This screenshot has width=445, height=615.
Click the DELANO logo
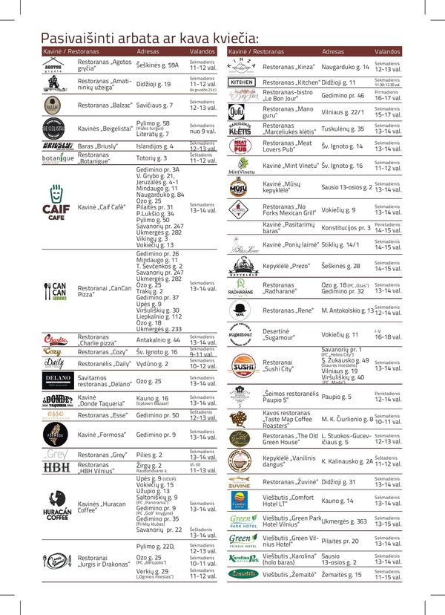[57, 381]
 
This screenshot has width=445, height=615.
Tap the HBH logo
[56, 467]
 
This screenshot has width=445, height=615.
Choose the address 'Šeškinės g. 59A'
[157, 65]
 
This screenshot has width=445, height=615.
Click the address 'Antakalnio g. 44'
[158, 339]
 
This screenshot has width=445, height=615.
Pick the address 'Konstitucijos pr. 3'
[346, 227]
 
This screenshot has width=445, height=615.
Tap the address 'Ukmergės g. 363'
[344, 521]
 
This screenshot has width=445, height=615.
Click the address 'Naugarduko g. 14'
[346, 66]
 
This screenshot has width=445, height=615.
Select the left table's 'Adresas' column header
[148, 52]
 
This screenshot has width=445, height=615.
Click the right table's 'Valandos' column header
[387, 52]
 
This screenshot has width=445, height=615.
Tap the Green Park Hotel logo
[243, 521]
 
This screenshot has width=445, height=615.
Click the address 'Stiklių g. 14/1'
[340, 244]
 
